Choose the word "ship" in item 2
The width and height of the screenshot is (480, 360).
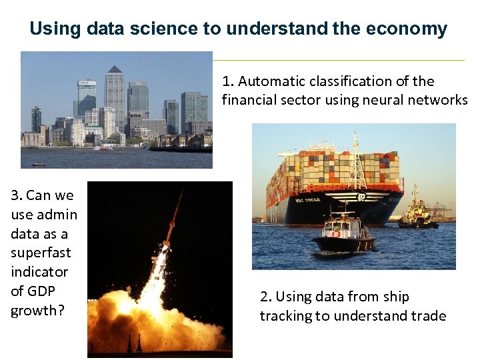[396, 297]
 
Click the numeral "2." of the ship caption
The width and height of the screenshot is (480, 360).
[265, 297]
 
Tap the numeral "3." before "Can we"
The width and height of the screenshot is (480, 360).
[17, 195]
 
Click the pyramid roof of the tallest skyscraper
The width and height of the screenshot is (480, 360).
[115, 69]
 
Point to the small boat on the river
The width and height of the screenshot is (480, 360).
[39, 163]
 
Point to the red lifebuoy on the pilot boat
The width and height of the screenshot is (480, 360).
[336, 233]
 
